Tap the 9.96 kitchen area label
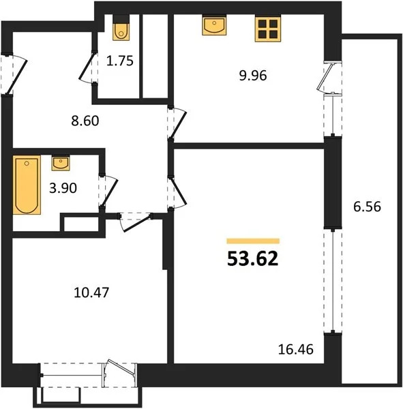click(x=253, y=76)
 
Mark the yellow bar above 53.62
click(x=253, y=241)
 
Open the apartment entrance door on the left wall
click(x=14, y=74)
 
